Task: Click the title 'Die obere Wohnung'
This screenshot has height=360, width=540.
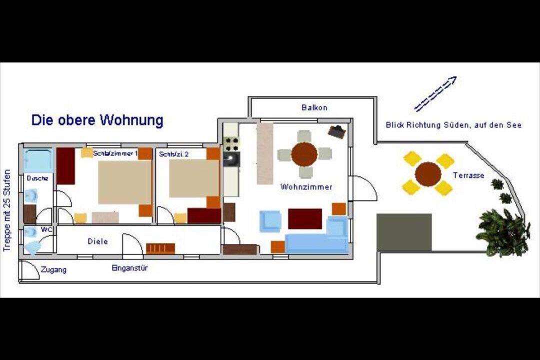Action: click(x=97, y=120)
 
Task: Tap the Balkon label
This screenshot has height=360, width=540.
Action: click(x=314, y=107)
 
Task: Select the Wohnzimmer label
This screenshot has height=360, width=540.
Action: click(x=306, y=187)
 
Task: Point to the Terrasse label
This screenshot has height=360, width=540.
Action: click(x=468, y=175)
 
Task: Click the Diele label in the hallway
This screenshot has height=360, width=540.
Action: click(x=98, y=241)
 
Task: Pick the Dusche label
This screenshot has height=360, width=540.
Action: click(x=37, y=178)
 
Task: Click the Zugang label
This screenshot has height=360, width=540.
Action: click(x=53, y=269)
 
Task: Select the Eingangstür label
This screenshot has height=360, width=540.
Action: click(x=129, y=268)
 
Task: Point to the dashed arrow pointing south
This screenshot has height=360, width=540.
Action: click(x=435, y=93)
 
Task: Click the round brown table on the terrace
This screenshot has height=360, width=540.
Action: click(x=428, y=174)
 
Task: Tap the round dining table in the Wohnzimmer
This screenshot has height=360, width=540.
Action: click(x=304, y=154)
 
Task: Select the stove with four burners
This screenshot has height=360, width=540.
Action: click(x=231, y=144)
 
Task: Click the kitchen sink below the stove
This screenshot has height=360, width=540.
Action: click(x=231, y=159)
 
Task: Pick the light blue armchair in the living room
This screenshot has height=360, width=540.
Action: click(x=270, y=221)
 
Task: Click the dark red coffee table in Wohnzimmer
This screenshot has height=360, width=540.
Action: click(x=305, y=219)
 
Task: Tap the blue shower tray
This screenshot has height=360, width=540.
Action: click(x=38, y=160)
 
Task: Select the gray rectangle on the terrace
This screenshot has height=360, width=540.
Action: click(x=404, y=232)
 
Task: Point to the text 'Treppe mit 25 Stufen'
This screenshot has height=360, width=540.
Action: click(x=7, y=210)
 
